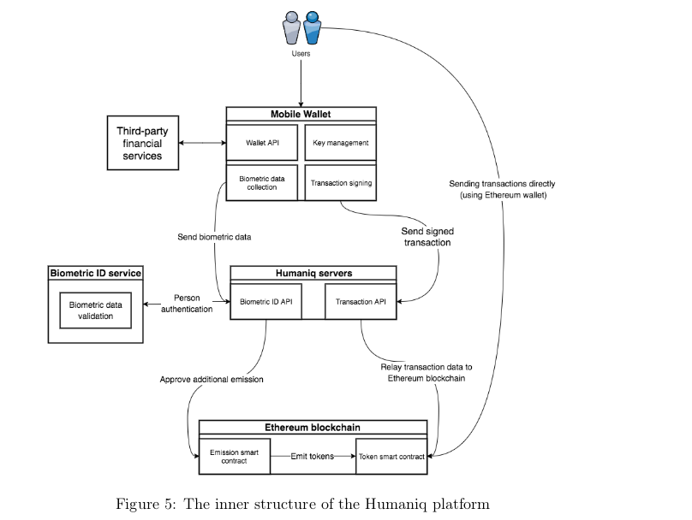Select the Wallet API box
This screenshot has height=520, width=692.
(262, 143)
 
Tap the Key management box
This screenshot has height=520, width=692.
(339, 143)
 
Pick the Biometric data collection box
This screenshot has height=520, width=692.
(262, 182)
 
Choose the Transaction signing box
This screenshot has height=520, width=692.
(339, 182)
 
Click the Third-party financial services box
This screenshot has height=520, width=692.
(140, 144)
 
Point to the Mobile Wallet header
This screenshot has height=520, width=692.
(301, 115)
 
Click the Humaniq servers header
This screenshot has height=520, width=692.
(313, 273)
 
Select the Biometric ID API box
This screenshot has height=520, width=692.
(266, 300)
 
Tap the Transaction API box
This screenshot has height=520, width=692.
(361, 300)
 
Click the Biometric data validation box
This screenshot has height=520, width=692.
(96, 310)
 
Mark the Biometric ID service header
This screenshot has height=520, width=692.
(96, 273)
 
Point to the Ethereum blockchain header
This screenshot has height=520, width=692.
(313, 427)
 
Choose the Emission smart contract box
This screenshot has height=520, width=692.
(235, 456)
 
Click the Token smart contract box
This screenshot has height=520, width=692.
(391, 456)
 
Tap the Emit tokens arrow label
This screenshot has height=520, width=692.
(311, 456)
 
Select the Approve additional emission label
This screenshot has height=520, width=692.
(212, 379)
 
